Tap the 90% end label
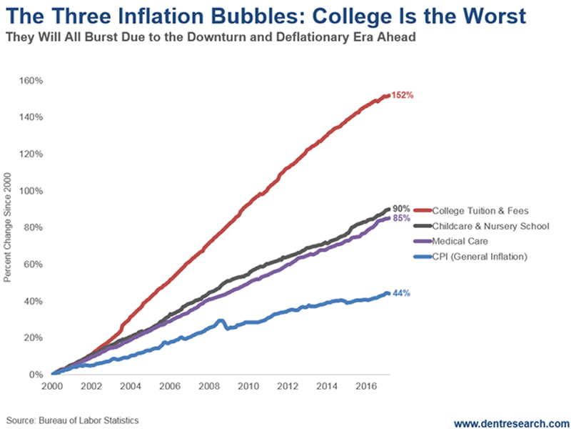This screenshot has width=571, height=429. tap(401, 209)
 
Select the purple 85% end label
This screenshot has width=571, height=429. tap(401, 218)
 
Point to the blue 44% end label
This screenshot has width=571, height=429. tap(401, 293)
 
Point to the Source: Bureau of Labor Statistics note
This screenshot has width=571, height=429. tap(72, 420)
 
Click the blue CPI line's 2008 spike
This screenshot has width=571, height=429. tap(221, 321)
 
